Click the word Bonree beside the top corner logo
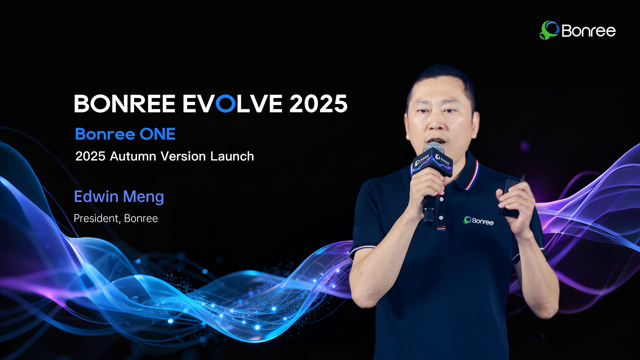pyautogui.click(x=589, y=31)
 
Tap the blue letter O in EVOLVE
pyautogui.click(x=226, y=103)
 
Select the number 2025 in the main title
pyautogui.click(x=318, y=103)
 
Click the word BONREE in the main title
pyautogui.click(x=125, y=103)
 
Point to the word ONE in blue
pyautogui.click(x=157, y=134)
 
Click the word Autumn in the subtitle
pyautogui.click(x=133, y=156)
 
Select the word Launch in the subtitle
pyautogui.click(x=232, y=156)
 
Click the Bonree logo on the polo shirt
pyautogui.click(x=478, y=221)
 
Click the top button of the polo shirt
pyautogui.click(x=441, y=199)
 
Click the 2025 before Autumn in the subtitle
pyautogui.click(x=90, y=156)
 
